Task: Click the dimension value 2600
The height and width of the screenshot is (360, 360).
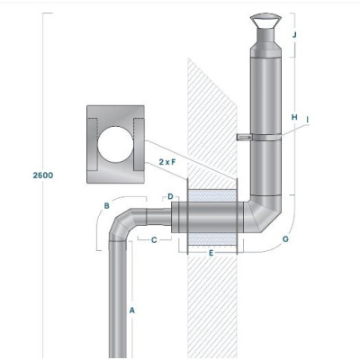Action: pos(43,175)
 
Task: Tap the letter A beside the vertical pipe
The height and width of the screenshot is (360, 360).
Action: pos(132,310)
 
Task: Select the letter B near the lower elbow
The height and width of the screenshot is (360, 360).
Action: pos(106,206)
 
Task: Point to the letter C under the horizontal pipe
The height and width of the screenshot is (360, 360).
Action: pos(154,240)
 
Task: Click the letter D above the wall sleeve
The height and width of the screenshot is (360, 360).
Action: pos(170,196)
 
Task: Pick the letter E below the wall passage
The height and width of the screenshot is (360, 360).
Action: pos(211,253)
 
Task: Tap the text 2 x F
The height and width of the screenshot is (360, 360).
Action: pos(167,162)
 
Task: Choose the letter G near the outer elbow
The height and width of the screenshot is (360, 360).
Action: pos(285,239)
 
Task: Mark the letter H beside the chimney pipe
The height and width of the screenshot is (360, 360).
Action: pos(294,117)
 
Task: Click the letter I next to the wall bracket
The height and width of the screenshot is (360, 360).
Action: pos(307,120)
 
